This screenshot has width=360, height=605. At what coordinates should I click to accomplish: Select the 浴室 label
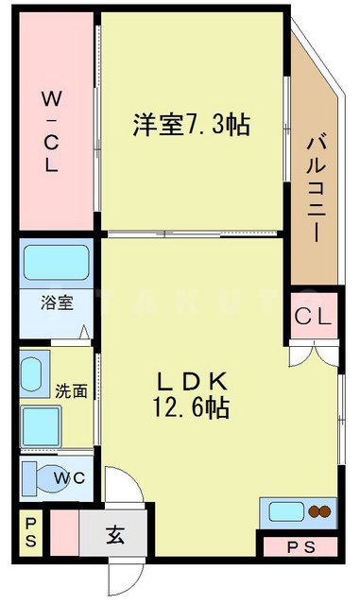point(55,304)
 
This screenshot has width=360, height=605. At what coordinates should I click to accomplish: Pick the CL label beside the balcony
point(313,319)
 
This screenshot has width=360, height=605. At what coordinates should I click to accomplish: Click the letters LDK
point(192,382)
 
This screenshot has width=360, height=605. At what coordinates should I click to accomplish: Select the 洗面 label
point(70,390)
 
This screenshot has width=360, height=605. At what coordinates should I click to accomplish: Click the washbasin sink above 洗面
point(35,374)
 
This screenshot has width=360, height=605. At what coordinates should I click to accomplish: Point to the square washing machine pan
point(40,426)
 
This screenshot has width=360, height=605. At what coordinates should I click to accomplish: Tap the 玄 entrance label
point(114,536)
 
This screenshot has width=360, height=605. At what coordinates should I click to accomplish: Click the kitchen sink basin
point(285,512)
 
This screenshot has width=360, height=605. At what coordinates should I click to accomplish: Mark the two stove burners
point(318,512)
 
